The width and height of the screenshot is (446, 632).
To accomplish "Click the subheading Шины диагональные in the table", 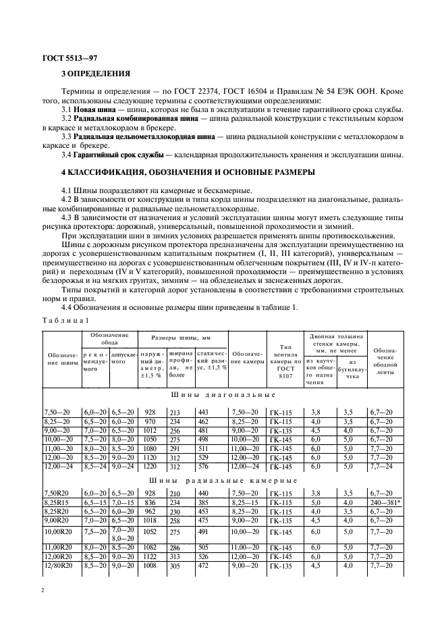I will [x=223, y=394].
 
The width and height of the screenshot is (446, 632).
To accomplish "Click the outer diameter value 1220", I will [x=149, y=466].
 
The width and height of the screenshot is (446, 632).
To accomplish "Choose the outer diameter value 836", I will [x=150, y=502].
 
